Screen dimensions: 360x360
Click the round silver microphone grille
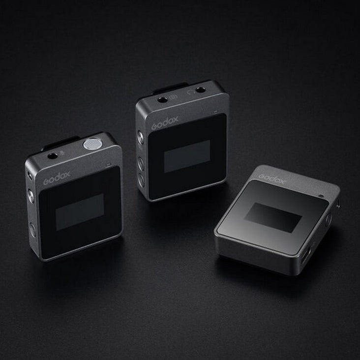pyautogui.click(x=90, y=144)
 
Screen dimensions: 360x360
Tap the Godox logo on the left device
pyautogui.click(x=57, y=178)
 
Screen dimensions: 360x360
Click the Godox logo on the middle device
pyautogui.click(x=165, y=122)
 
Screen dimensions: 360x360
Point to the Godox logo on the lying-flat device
pyautogui.click(x=272, y=178)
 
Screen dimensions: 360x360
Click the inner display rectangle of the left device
pyautogui.click(x=80, y=211)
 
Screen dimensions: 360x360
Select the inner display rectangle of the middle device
pyautogui.click(x=187, y=156)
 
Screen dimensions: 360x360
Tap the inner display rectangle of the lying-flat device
pyautogui.click(x=273, y=217)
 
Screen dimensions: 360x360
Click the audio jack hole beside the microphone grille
pyautogui.click(x=52, y=156)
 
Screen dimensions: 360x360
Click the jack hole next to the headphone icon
pyautogui.click(x=200, y=90)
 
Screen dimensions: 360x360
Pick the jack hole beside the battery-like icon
pyautogui.click(x=163, y=99)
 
